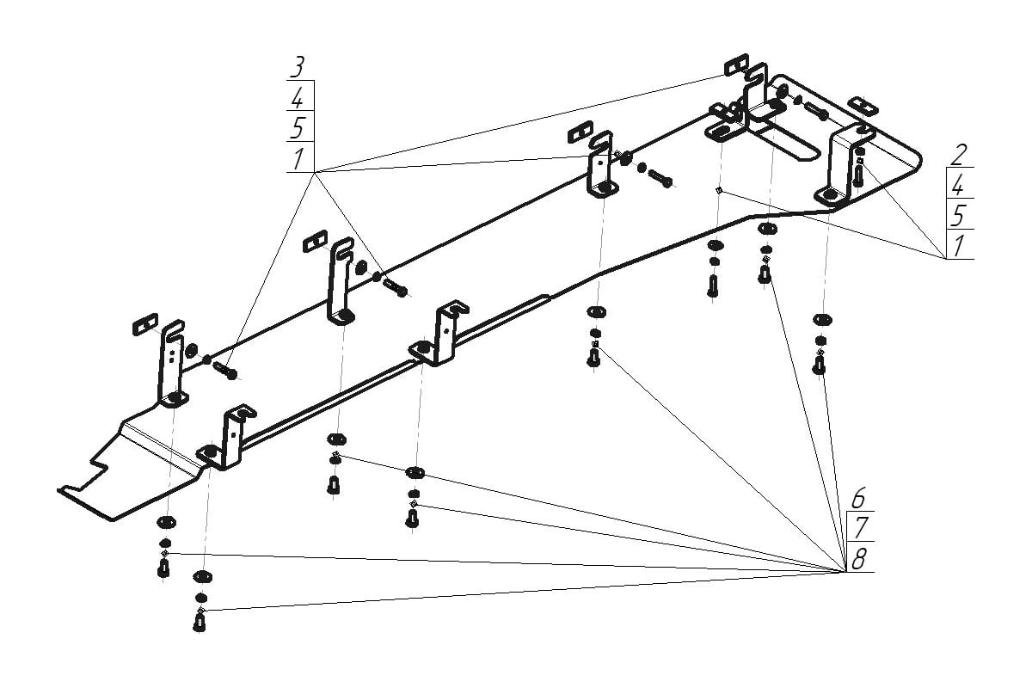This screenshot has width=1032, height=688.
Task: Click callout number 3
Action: (298, 67)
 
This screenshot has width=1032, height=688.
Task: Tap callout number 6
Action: (858, 498)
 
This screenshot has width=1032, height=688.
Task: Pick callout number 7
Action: (858, 528)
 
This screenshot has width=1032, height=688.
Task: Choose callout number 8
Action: (858, 561)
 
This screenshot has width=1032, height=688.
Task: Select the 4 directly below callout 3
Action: (298, 96)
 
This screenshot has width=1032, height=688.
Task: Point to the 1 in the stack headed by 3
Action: (298, 158)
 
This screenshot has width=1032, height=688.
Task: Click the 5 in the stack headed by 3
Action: (298, 127)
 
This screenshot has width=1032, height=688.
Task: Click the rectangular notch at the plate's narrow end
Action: (96, 470)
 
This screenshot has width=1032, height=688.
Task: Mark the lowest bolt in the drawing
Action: (200, 622)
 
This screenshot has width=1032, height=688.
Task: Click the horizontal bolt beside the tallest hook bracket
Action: (395, 287)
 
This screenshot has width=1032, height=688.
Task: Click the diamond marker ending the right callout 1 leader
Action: (718, 190)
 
